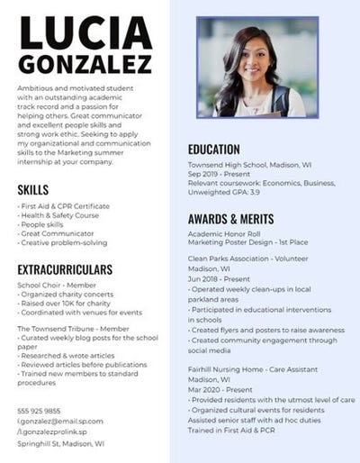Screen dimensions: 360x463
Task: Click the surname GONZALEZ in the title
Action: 85,64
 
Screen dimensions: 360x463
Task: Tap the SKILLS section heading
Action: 33,189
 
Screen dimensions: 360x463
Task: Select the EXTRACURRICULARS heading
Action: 65,269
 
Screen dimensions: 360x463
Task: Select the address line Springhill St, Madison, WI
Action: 60,443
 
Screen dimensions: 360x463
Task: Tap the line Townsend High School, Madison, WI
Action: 249,166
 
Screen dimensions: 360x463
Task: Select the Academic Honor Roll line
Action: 222,232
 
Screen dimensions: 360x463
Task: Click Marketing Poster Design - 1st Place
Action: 247,242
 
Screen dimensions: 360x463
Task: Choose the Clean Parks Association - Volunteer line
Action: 247,259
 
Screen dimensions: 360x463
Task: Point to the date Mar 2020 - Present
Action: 221,389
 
